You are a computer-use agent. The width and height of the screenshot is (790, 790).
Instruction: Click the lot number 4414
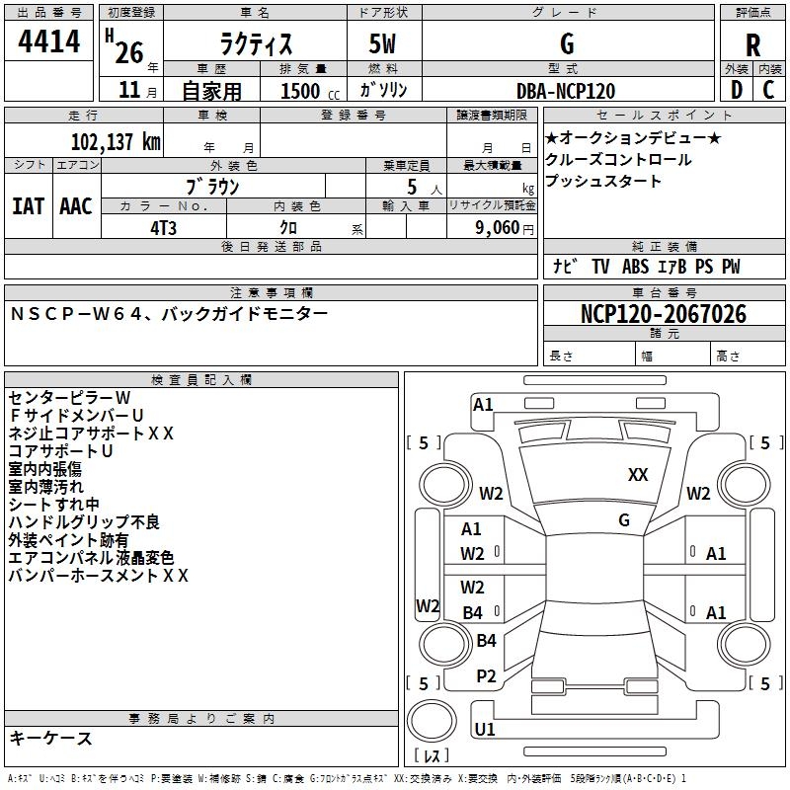click(x=48, y=41)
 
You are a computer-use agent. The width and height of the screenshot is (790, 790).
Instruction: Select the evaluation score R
click(x=752, y=45)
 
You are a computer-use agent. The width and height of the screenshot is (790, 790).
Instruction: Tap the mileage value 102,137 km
click(x=116, y=142)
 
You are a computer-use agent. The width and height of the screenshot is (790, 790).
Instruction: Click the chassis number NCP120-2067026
click(x=664, y=314)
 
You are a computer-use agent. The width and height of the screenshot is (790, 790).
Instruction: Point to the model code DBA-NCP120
click(x=566, y=91)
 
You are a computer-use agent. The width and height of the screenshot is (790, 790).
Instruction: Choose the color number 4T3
click(x=164, y=228)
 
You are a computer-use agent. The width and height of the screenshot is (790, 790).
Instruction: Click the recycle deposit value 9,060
click(x=498, y=228)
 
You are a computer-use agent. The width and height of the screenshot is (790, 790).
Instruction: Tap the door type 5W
click(x=382, y=43)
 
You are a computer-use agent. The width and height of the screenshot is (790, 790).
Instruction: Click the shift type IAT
click(x=29, y=206)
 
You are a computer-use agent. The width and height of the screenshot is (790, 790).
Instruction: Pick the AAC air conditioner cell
click(x=76, y=206)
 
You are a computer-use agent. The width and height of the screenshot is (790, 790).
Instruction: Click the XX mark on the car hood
click(x=638, y=475)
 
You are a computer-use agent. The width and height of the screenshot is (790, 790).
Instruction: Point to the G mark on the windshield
click(x=624, y=519)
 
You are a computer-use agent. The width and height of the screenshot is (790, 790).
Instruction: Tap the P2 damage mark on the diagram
click(x=486, y=676)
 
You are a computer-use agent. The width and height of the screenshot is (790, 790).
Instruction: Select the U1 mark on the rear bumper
click(x=485, y=729)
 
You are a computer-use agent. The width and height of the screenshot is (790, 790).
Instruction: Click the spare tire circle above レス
click(x=432, y=722)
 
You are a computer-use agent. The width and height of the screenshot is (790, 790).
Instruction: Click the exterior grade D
click(x=737, y=90)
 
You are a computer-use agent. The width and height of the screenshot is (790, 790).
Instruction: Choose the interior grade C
click(x=768, y=90)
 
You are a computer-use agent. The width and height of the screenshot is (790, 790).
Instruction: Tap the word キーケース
click(x=51, y=738)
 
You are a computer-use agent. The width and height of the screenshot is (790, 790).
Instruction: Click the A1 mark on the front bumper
click(x=483, y=405)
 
